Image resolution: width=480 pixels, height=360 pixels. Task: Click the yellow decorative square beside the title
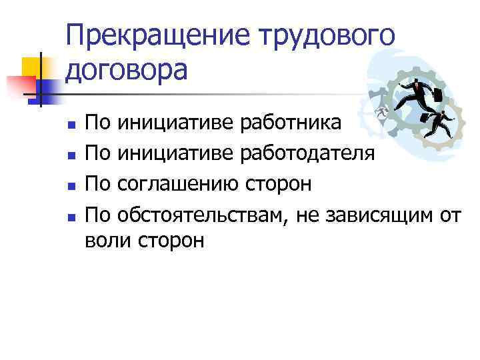pos(33,67)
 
